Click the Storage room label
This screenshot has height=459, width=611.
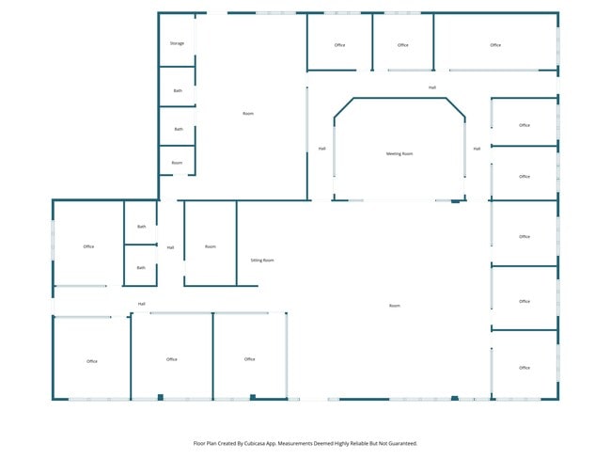(x=177, y=43)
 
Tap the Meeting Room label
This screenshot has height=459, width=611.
(x=399, y=153)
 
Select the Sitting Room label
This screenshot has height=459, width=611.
(x=262, y=261)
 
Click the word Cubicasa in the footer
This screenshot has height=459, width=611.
(x=255, y=443)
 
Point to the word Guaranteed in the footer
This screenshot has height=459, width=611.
(x=404, y=443)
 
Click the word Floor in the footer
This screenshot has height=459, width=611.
(x=198, y=443)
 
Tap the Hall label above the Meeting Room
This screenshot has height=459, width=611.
(x=432, y=87)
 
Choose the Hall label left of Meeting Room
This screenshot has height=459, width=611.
(x=321, y=149)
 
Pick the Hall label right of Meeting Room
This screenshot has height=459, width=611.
(x=477, y=149)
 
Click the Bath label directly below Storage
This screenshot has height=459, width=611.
(x=178, y=91)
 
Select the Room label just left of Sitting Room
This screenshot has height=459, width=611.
(x=211, y=246)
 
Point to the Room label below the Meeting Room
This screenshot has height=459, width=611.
(x=395, y=306)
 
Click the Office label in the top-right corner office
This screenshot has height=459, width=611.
(x=495, y=45)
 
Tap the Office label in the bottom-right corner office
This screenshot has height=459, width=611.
(x=525, y=368)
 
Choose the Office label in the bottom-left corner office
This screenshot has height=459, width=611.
(x=92, y=361)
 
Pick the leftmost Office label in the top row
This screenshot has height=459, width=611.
(x=339, y=45)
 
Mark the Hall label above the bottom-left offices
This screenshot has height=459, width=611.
(x=141, y=304)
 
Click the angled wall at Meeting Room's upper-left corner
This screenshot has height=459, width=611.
(x=344, y=107)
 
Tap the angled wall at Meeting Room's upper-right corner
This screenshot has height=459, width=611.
(x=456, y=107)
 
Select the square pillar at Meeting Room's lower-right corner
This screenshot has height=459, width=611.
(x=455, y=201)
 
